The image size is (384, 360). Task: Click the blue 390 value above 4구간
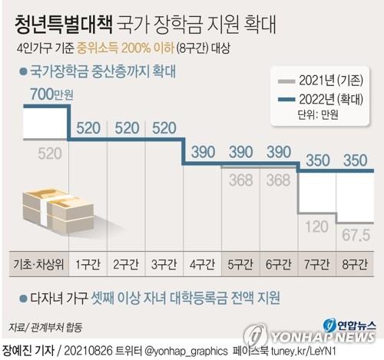pyautogui.click(x=204, y=151)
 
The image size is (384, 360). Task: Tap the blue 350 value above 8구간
pyautogui.click(x=353, y=160)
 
